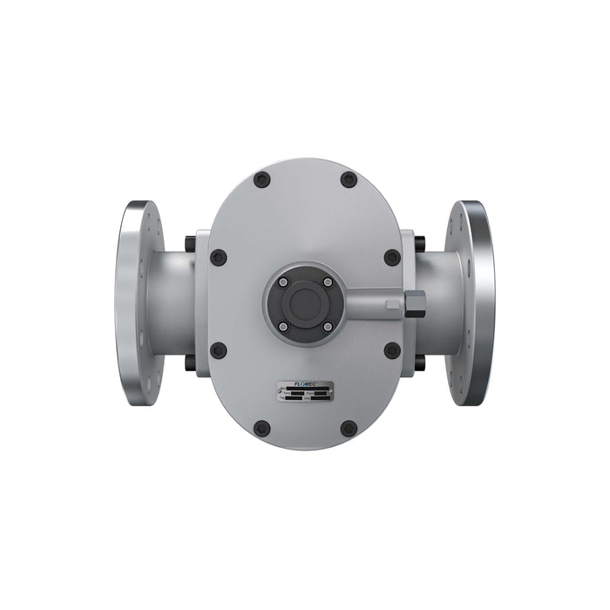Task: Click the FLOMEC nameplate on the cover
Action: [305, 393]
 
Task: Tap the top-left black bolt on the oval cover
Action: [261, 180]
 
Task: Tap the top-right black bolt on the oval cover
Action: [349, 180]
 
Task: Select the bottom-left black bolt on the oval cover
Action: [261, 428]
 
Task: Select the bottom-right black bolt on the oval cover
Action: [349, 428]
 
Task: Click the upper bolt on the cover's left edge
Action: [219, 257]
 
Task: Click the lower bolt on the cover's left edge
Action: [219, 349]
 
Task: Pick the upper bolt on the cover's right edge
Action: [392, 257]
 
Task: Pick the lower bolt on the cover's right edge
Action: [392, 349]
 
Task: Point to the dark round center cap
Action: [305, 304]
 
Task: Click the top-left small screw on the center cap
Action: [283, 282]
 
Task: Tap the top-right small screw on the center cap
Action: [327, 282]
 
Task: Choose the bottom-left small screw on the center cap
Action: [283, 326]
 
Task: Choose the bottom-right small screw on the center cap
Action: [327, 326]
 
